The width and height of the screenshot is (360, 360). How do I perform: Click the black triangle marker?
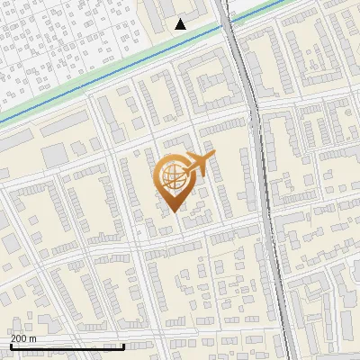(181, 24)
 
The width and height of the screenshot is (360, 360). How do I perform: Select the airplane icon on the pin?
(197, 164)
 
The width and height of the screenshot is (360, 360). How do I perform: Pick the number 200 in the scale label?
(20, 338)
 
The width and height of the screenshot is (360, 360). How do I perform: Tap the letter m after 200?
(33, 339)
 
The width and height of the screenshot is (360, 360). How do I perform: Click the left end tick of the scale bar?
(10, 344)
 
